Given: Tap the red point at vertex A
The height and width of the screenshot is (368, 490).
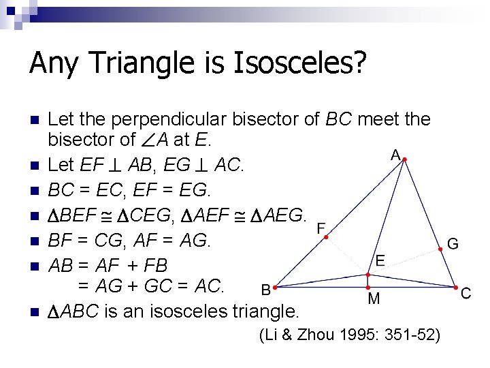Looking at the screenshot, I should (404, 160).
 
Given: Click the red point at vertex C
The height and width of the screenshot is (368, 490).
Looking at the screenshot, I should (455, 288).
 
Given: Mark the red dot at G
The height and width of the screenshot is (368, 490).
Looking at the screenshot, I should (440, 250).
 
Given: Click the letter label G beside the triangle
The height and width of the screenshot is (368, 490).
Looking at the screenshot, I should (453, 243).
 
